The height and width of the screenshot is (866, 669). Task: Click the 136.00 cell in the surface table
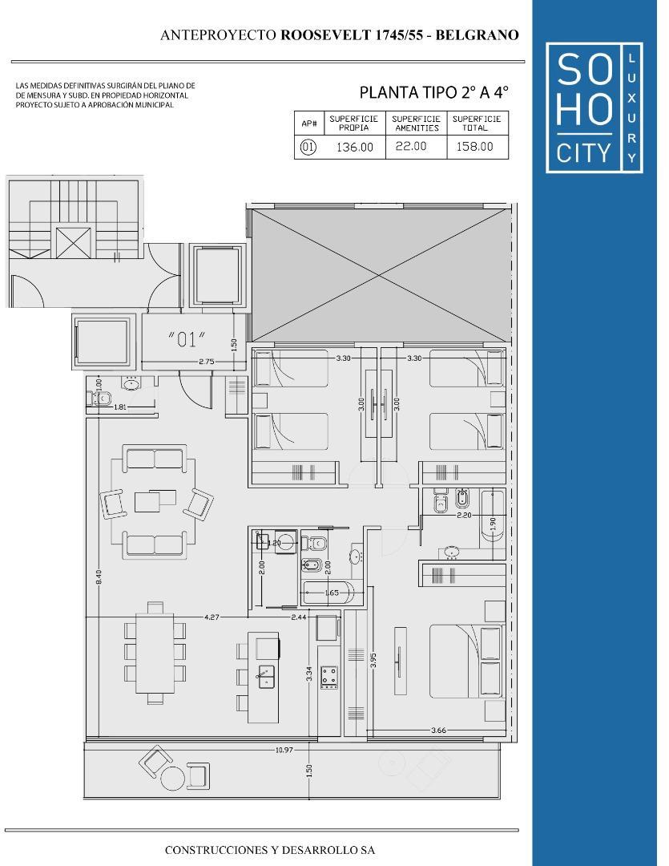[355, 147]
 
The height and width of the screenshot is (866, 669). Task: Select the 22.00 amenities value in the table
[410, 146]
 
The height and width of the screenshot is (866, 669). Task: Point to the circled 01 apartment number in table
[308, 147]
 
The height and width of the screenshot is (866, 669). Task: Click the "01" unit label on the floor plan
[187, 339]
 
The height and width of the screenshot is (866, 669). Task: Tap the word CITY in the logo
[583, 152]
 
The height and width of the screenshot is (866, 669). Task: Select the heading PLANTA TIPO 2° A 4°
[433, 92]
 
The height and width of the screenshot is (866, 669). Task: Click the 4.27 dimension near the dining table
[212, 617]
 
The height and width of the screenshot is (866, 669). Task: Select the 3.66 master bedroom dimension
[438, 730]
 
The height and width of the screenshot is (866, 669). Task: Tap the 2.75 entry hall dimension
[206, 362]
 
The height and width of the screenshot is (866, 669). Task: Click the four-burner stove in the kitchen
[328, 678]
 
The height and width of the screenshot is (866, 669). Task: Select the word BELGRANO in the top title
[481, 35]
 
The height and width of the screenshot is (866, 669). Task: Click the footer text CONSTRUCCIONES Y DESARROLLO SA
[269, 849]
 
